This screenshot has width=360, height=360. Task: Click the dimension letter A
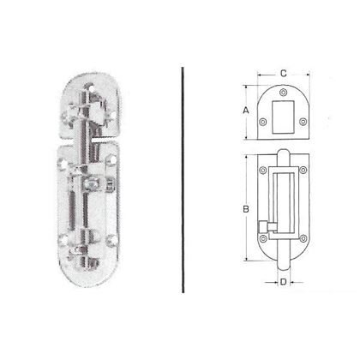click(x=246, y=111)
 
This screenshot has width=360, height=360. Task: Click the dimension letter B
click(x=246, y=208)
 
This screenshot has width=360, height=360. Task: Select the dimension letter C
click(x=283, y=73)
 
